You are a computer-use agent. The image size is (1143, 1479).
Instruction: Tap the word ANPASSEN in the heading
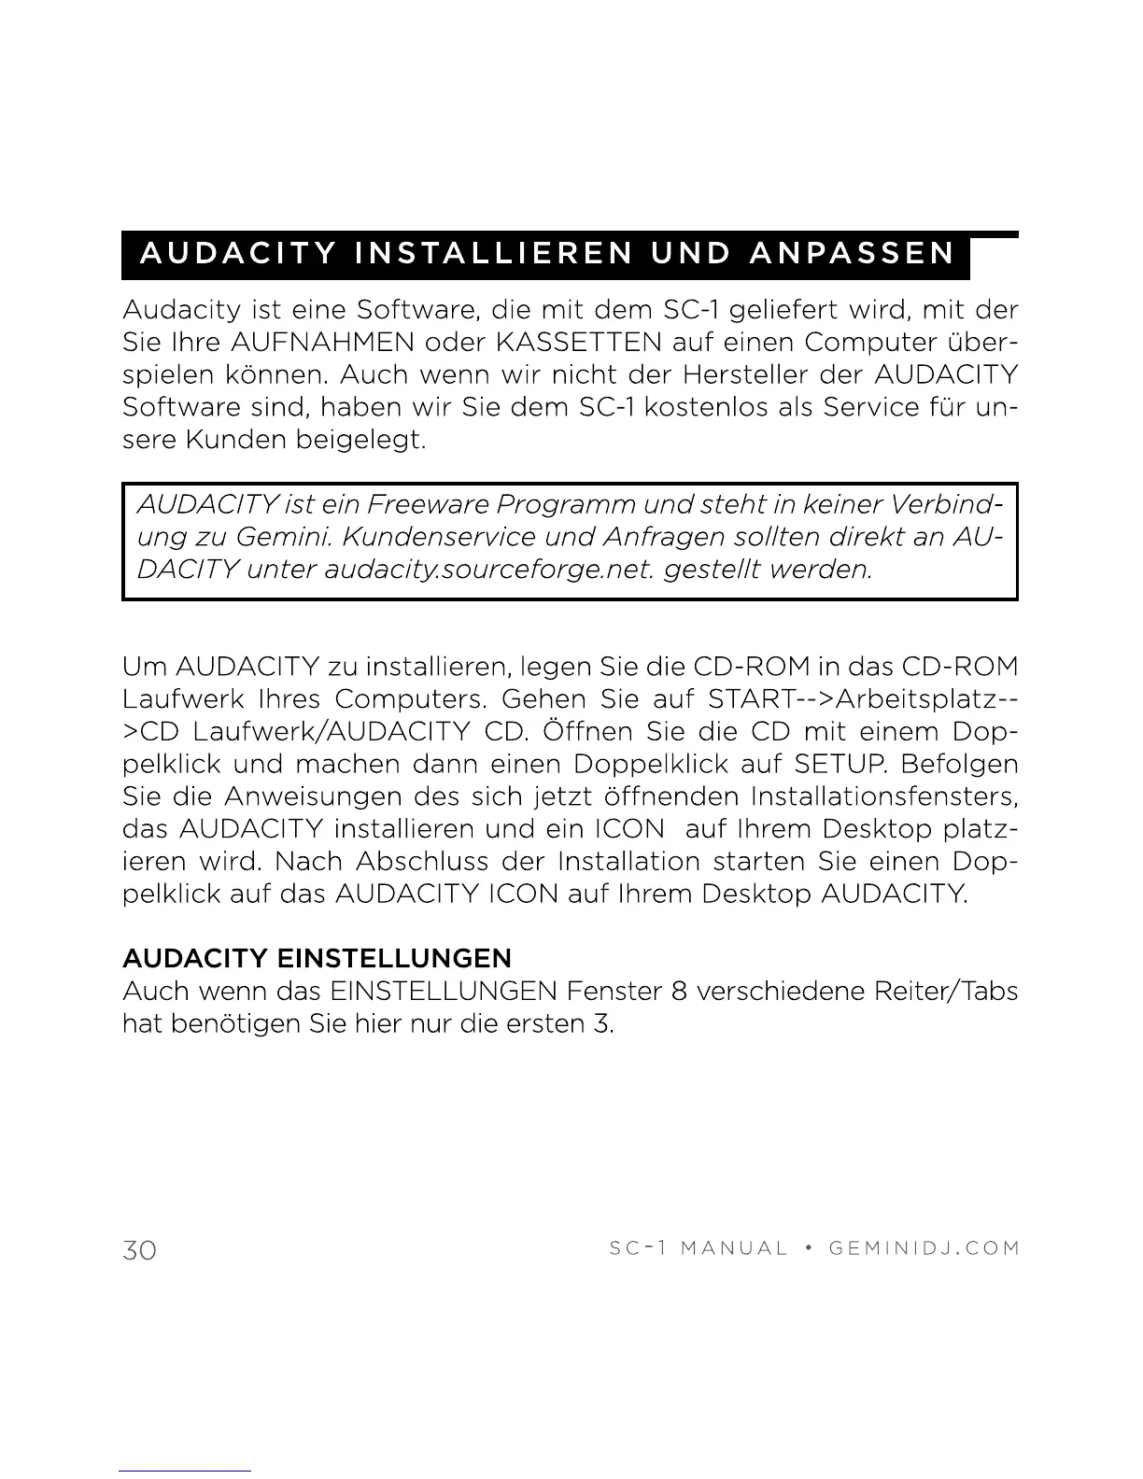point(853,253)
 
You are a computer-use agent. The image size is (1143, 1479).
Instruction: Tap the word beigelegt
point(360,440)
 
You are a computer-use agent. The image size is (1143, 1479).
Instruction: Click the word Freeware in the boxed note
point(427,504)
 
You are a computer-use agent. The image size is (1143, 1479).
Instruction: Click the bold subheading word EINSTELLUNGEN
point(395,958)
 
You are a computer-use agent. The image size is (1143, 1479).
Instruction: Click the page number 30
point(139,1249)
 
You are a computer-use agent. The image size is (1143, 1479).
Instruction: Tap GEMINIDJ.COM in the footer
point(924,1248)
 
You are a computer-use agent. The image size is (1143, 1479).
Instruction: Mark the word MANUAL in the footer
point(734,1248)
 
